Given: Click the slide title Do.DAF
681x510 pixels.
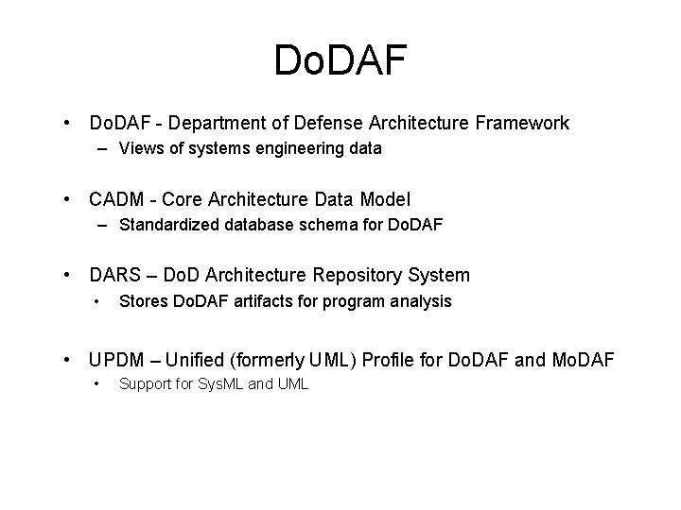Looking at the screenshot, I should point(340,60).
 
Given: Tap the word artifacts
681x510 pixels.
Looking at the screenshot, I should point(254,301).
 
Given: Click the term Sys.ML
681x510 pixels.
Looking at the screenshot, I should point(217,384).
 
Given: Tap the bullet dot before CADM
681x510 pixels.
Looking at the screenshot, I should point(68,200).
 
